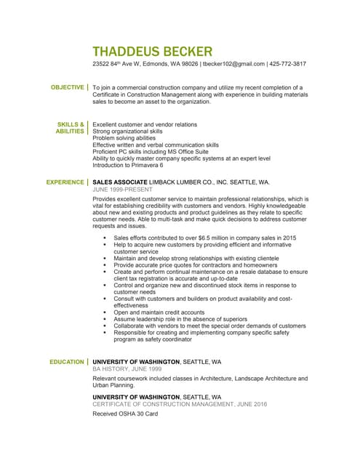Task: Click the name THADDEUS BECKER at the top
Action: coord(153,52)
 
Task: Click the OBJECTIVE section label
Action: coord(67,87)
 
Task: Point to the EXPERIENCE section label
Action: coord(65,182)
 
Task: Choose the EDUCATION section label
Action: coord(66,362)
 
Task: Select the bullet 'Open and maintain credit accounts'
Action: coord(159,312)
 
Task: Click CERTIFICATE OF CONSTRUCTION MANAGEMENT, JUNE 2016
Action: coord(180,404)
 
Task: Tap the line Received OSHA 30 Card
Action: coord(125,414)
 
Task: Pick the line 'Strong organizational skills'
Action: coord(127,131)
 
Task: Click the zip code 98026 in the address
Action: coord(188,64)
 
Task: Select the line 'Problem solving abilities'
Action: coord(124,138)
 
